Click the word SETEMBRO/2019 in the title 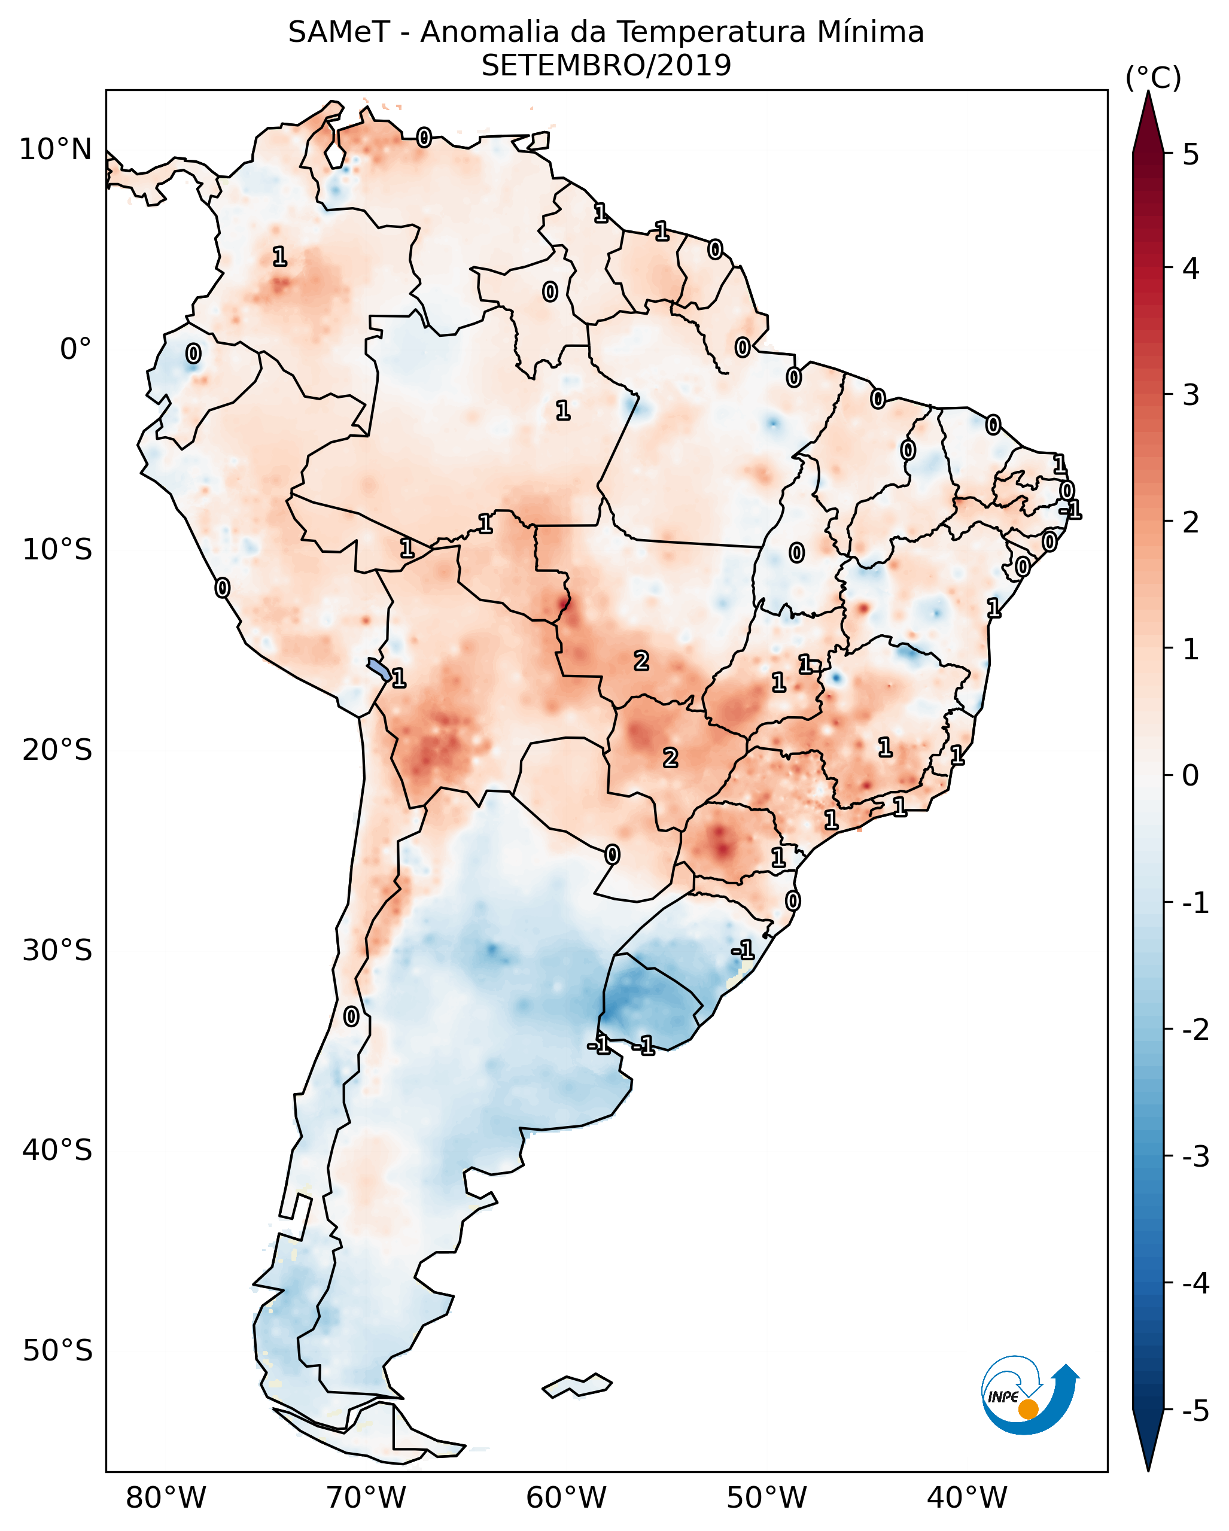pos(606,66)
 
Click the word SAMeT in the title pos(339,33)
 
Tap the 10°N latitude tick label pos(56,150)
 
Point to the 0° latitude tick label pos(75,349)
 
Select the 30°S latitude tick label pos(57,950)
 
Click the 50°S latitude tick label pos(57,1351)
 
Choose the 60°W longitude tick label pos(566,1497)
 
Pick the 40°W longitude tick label pos(967,1497)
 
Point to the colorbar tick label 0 pos(1191,775)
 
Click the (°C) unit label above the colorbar pos(1153,78)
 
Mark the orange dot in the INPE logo pos(1028,1409)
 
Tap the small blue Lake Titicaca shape pos(378,669)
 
